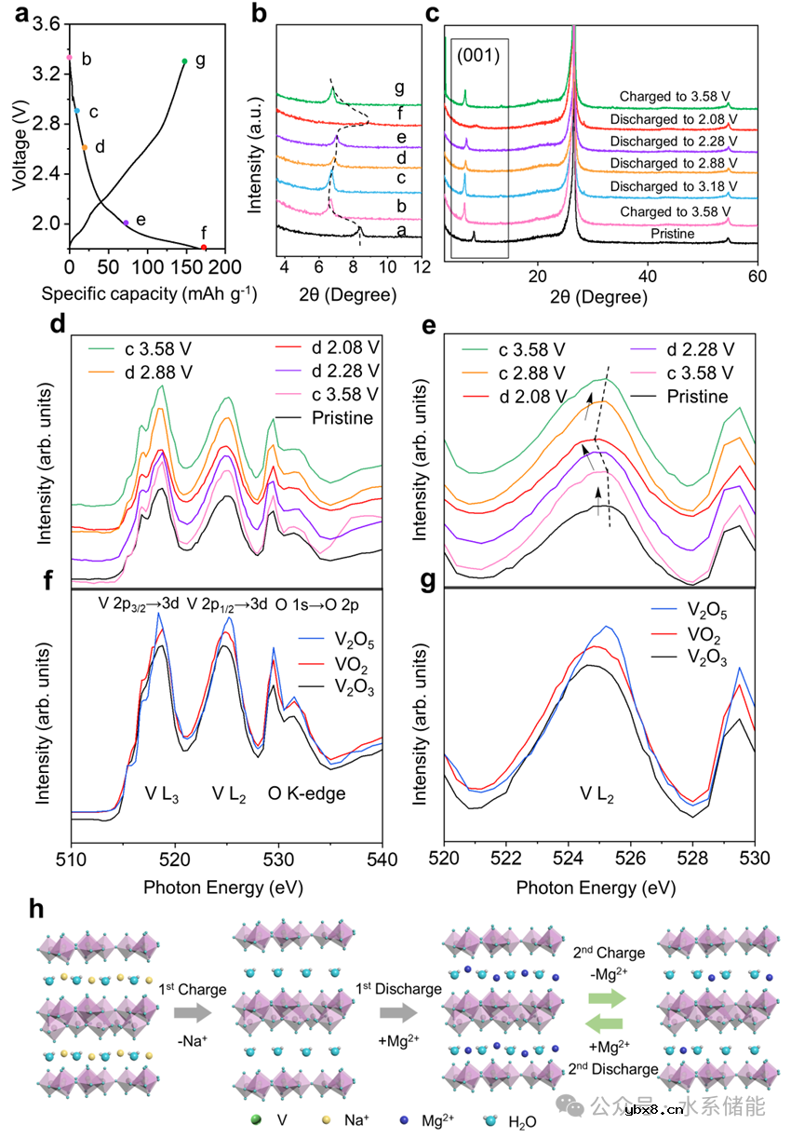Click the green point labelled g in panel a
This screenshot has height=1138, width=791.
184,61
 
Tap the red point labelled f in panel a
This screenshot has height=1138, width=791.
204,248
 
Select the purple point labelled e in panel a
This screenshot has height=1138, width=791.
127,223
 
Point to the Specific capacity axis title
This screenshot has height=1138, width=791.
149,294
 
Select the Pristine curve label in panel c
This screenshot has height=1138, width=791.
674,234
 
